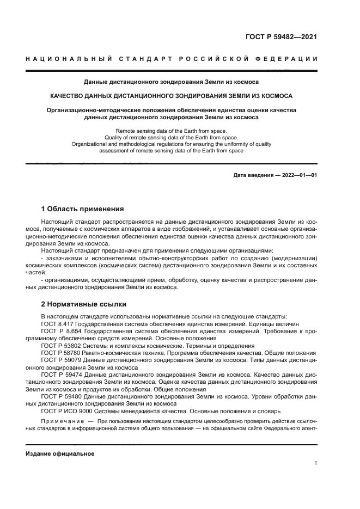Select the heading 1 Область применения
(83, 209)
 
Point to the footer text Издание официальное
(60, 453)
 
